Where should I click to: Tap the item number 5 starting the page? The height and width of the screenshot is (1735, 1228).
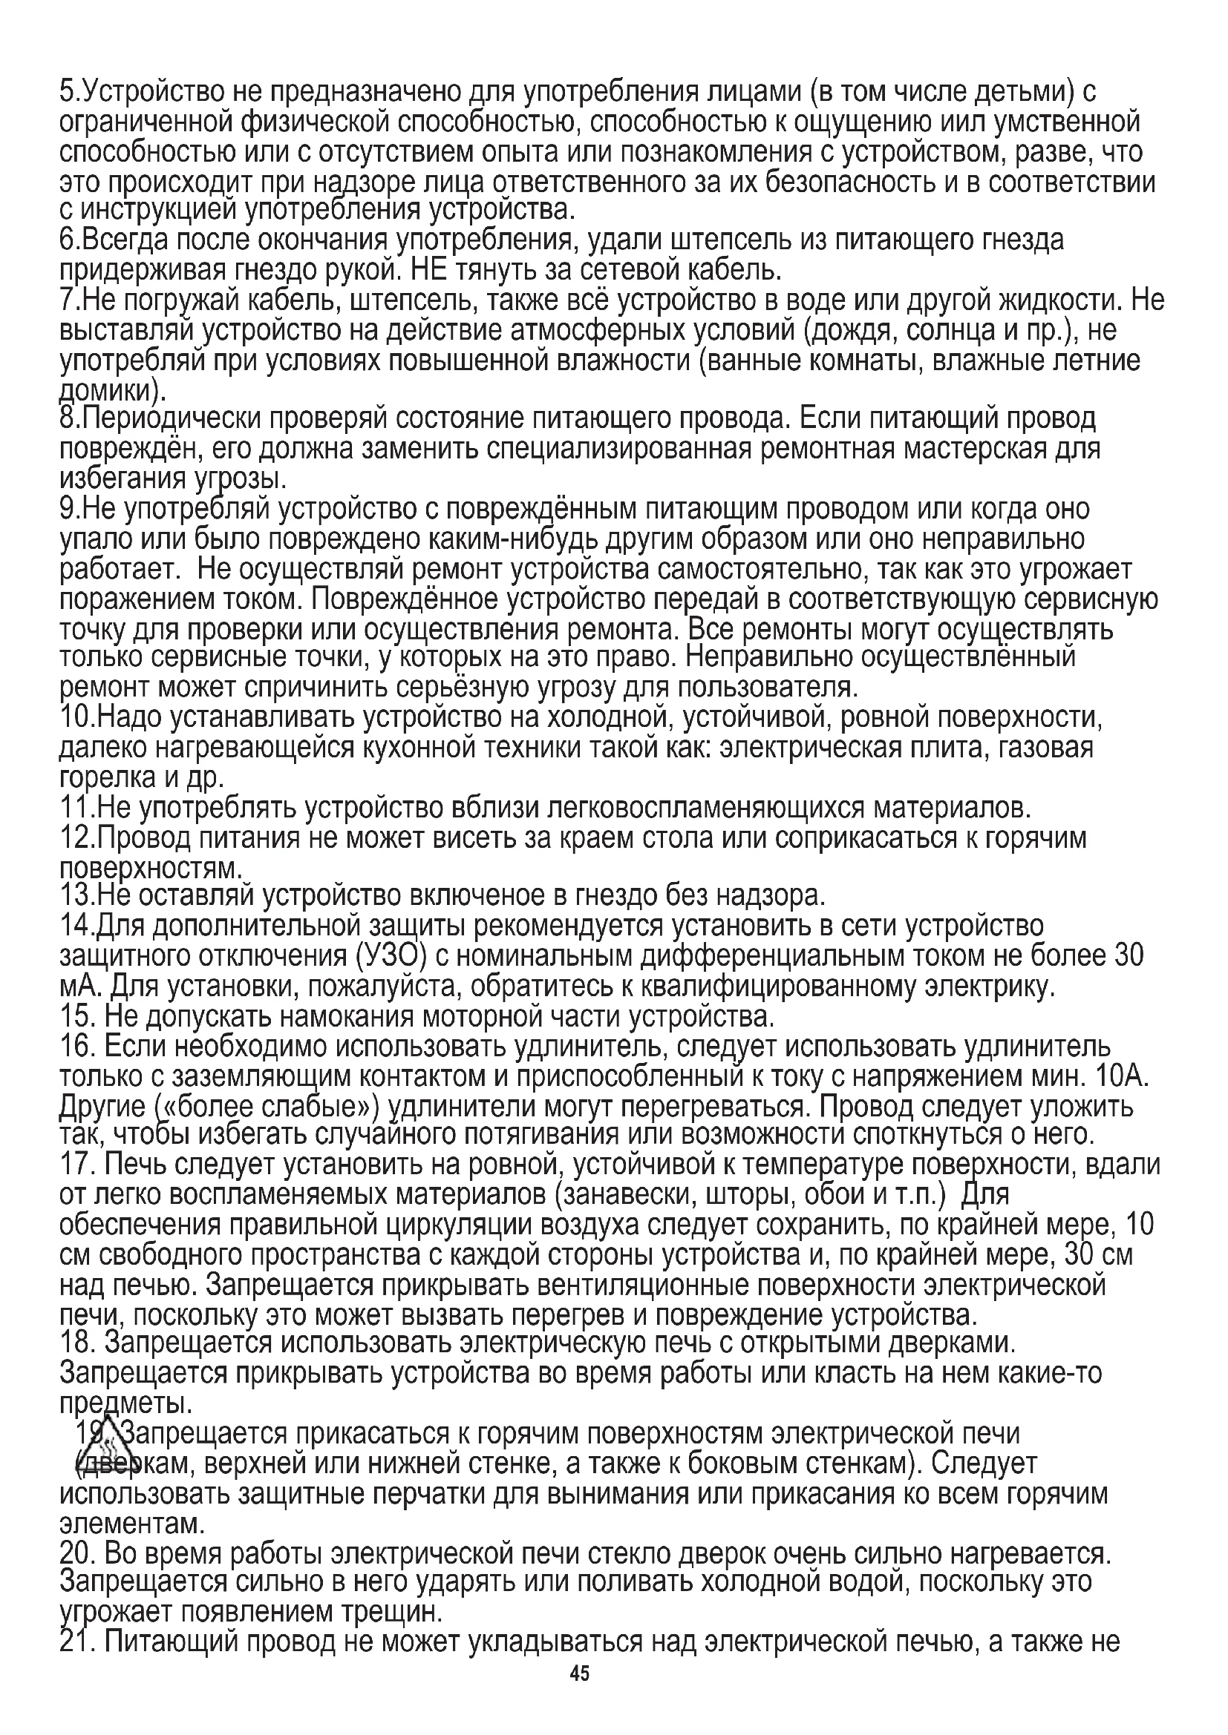click(x=68, y=92)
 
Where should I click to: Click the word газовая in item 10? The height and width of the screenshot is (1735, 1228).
click(x=1047, y=748)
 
